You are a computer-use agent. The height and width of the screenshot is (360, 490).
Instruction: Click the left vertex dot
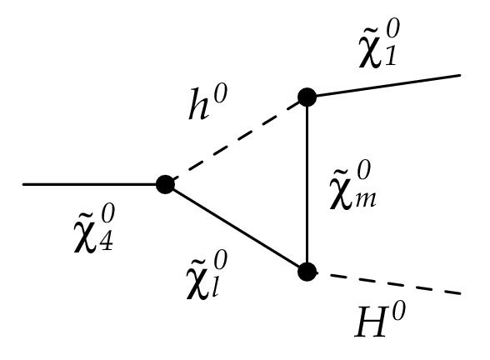pyautogui.click(x=165, y=184)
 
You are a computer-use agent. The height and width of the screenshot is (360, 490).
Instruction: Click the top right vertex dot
pyautogui.click(x=307, y=97)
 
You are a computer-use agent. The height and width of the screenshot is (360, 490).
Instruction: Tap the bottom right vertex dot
pyautogui.click(x=307, y=271)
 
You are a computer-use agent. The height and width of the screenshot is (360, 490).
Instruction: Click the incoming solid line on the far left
pyautogui.click(x=92, y=184)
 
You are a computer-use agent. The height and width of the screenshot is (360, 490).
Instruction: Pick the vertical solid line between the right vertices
pyautogui.click(x=307, y=183)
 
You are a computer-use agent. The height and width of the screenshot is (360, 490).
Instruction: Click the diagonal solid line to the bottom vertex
pyautogui.click(x=236, y=227)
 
